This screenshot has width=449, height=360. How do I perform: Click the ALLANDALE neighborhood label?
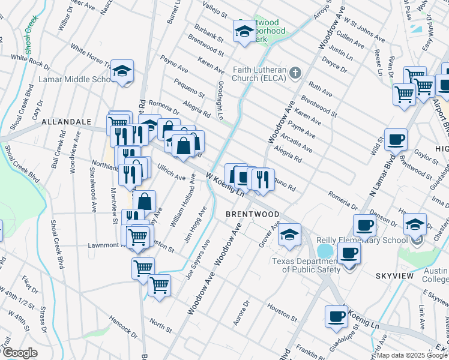pyautogui.click(x=66, y=122)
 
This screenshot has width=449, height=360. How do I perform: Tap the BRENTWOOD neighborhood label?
pyautogui.click(x=252, y=214)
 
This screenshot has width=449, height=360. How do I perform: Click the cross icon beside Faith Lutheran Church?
pyautogui.click(x=295, y=73)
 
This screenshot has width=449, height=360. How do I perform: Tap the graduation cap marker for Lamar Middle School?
pyautogui.click(x=122, y=73)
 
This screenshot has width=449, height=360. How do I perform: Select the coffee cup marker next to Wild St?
pyautogui.click(x=396, y=140)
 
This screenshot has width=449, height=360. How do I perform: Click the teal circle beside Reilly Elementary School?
pyautogui.click(x=325, y=250)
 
